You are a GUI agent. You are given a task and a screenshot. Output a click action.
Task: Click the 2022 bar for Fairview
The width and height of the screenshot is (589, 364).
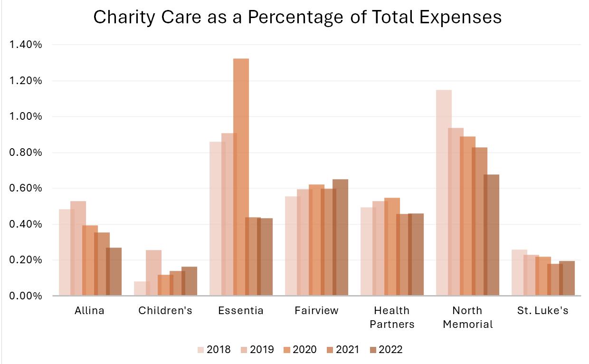(x=341, y=237)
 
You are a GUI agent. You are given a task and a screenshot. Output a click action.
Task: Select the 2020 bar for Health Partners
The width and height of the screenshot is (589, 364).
(x=392, y=247)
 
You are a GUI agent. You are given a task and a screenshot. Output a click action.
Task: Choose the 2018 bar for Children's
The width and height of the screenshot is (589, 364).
(x=142, y=288)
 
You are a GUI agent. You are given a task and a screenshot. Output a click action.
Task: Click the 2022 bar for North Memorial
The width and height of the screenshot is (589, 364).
(x=492, y=235)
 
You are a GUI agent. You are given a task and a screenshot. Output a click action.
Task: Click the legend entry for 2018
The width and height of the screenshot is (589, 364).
(x=214, y=350)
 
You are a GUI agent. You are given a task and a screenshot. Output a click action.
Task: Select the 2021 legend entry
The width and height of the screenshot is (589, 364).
(x=342, y=350)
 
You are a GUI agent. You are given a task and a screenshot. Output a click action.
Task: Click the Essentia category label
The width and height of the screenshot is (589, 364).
(x=241, y=311)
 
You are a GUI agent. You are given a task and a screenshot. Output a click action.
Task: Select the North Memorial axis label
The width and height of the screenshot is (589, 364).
(x=467, y=317)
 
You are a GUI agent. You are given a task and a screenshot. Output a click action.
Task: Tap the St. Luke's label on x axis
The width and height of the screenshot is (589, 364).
(x=542, y=311)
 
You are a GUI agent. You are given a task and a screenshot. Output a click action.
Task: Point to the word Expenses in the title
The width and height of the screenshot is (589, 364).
(x=461, y=17)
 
